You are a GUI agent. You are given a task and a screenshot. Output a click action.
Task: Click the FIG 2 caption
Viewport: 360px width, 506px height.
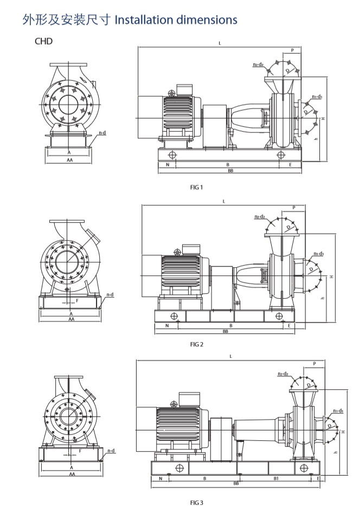pos(196,344)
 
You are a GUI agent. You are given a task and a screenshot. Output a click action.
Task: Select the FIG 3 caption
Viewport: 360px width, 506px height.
pos(196,502)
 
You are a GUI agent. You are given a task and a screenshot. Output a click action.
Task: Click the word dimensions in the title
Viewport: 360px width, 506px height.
pos(209,20)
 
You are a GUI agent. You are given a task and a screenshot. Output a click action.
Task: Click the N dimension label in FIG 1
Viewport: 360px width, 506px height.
pos(167,164)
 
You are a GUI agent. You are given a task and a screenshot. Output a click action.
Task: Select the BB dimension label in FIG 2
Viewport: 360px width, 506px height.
pos(225,331)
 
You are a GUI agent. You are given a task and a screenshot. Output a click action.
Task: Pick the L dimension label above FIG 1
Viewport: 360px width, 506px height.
pos(220,43)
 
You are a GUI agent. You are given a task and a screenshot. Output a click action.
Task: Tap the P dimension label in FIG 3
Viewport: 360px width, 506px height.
pos(314,363)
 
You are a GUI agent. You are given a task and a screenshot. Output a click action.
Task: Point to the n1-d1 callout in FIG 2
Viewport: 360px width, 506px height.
pos(318,254)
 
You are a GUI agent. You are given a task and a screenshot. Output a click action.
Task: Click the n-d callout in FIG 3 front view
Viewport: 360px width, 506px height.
pos(111,451)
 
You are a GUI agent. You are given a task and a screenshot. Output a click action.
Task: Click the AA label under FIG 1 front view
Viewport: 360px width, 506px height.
pos(69,161)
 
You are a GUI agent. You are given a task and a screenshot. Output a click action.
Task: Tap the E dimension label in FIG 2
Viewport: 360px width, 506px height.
pos(289,325)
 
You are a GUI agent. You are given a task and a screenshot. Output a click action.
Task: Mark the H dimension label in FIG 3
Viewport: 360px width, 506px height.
pos(343,431)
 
